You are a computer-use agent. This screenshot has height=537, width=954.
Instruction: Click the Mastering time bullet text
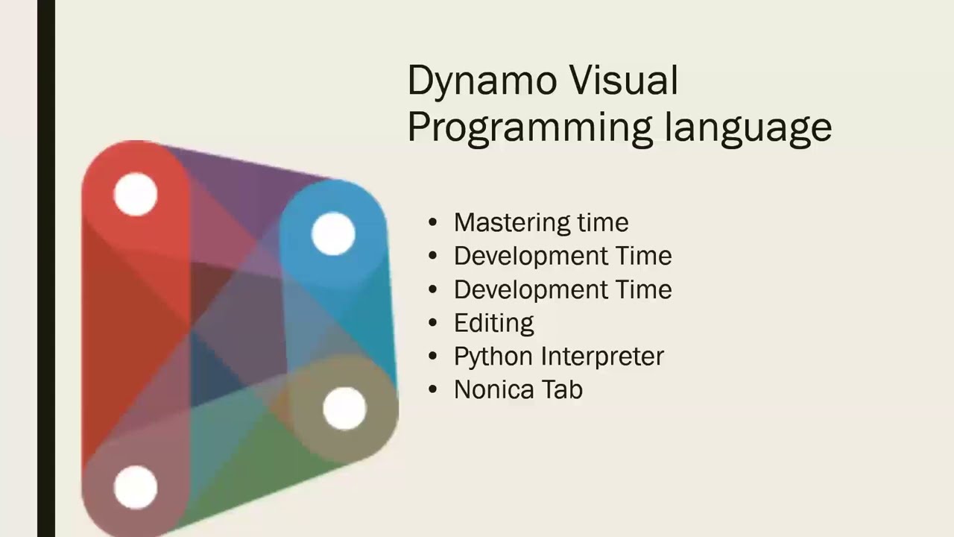[541, 222]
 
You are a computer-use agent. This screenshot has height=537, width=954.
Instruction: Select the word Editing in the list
[493, 323]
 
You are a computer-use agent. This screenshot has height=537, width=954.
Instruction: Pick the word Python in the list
[493, 357]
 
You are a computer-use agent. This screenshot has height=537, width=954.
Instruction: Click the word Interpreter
[601, 357]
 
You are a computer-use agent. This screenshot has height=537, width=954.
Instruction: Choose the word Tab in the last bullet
[564, 389]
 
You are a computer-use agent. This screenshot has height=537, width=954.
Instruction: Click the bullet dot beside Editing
[433, 323]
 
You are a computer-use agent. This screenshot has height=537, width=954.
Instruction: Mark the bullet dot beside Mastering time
[433, 222]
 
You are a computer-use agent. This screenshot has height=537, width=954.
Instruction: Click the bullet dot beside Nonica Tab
[433, 389]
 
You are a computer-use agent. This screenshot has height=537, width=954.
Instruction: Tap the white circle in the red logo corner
[136, 195]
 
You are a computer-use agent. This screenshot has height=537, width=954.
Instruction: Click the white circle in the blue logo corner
[333, 233]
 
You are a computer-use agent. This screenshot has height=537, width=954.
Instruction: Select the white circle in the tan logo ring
[344, 409]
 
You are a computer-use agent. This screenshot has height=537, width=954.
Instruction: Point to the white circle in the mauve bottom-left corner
[136, 487]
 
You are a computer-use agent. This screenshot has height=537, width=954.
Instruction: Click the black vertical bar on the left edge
[45, 268]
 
